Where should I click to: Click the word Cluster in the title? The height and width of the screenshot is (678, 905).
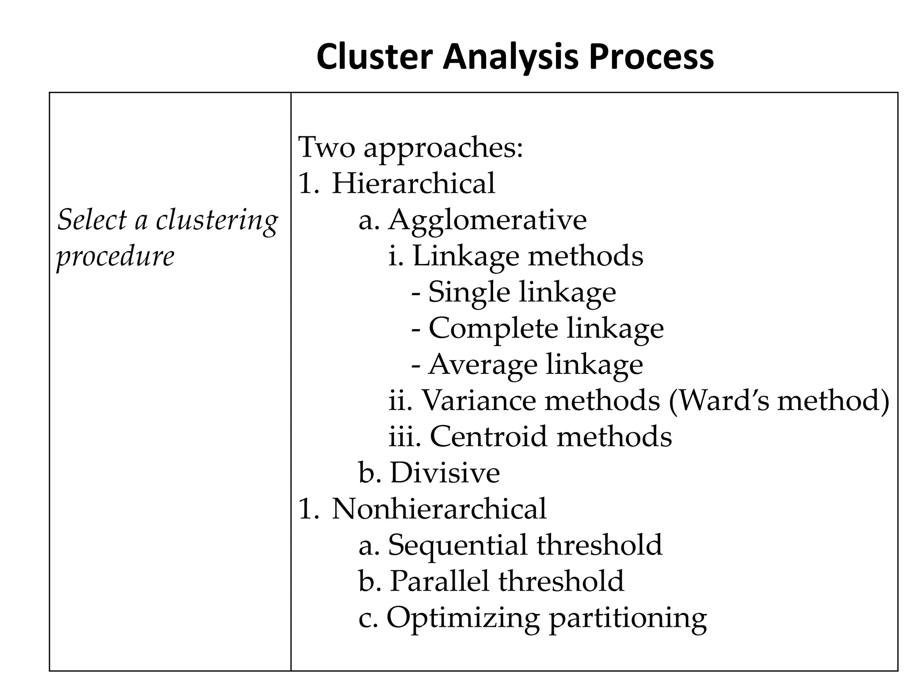(375, 57)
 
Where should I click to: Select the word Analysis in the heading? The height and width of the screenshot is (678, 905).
(510, 57)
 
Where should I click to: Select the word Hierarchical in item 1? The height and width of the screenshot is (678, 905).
(413, 183)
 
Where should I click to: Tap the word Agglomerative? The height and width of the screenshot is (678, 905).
(487, 219)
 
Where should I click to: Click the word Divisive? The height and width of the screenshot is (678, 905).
(445, 473)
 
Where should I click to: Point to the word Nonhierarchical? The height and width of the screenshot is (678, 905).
(439, 508)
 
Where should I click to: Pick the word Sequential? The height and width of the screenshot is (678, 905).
(458, 545)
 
